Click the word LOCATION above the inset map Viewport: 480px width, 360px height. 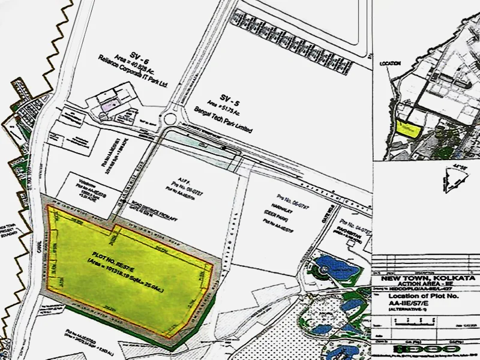coord(389,62)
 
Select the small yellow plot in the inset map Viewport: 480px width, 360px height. coord(407,127)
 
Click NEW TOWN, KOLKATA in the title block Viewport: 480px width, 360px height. coord(425,280)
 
